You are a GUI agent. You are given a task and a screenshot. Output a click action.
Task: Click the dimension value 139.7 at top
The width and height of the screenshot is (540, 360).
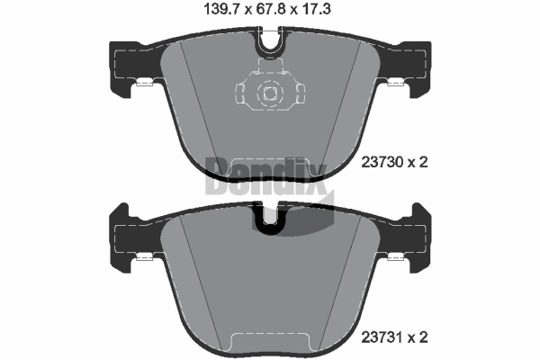tap(222, 9)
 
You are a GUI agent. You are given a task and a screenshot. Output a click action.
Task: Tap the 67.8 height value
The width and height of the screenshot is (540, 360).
tap(271, 9)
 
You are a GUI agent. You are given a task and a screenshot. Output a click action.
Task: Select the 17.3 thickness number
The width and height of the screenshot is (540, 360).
tap(316, 9)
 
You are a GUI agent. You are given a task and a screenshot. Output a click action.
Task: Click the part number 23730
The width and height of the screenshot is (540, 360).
tap(382, 162)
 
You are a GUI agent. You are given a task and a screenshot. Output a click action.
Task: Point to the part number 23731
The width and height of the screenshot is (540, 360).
tap(382, 337)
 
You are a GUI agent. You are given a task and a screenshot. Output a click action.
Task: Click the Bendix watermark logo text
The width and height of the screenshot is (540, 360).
tap(265, 175)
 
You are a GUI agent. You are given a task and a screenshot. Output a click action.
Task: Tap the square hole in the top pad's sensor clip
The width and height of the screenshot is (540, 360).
tap(270, 93)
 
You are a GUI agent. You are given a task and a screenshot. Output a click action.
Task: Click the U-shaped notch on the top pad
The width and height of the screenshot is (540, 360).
tap(270, 43)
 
